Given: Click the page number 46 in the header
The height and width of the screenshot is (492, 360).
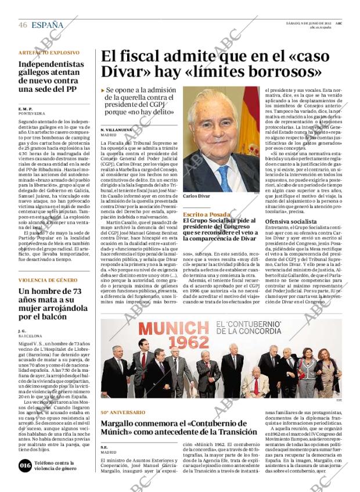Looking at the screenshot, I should click(23, 25).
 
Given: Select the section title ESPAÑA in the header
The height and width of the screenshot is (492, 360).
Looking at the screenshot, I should click(48, 25).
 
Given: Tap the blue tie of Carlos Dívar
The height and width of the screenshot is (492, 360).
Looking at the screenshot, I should click(224, 177).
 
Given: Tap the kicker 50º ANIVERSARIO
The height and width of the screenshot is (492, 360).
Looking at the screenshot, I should click(123, 412).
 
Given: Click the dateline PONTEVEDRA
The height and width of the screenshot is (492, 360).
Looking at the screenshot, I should click(31, 113).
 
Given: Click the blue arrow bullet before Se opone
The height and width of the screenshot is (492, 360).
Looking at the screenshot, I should click(103, 91).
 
